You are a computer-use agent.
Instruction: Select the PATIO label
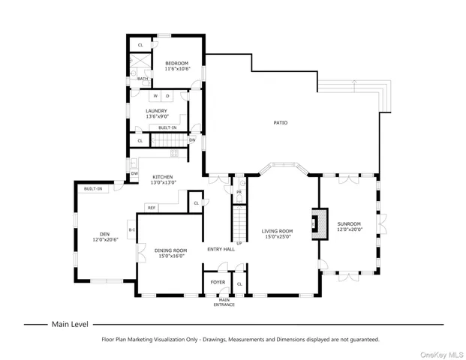point(279,122)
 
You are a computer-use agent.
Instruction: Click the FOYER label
point(218,283)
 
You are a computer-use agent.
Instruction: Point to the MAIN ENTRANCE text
point(224,302)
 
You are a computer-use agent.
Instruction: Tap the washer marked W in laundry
point(155,97)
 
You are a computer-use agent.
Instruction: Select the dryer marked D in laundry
point(167,97)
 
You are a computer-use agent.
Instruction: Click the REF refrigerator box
point(151,208)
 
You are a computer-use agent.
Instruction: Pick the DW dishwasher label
point(134,174)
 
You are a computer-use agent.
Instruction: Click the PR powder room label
point(239,192)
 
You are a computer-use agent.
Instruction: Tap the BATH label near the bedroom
point(142,78)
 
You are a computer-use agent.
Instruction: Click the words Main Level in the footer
point(70,325)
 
